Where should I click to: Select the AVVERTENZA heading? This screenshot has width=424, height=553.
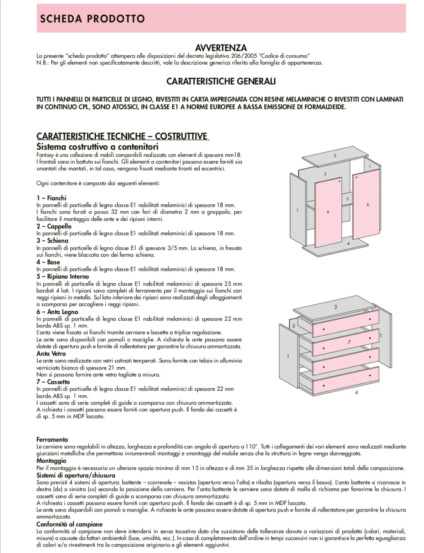tap(221, 48)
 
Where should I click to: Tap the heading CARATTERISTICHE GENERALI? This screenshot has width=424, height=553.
tap(221, 81)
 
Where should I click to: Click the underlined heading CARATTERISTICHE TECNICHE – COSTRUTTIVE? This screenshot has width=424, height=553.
tap(122, 136)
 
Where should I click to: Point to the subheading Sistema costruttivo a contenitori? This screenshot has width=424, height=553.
tap(97, 147)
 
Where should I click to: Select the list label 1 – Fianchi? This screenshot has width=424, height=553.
tap(51, 198)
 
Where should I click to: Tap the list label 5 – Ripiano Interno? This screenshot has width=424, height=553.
tap(62, 276)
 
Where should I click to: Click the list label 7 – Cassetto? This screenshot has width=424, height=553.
tap(53, 382)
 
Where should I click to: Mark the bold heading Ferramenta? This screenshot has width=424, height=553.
tap(52, 440)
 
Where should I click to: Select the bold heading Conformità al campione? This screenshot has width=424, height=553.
tap(69, 524)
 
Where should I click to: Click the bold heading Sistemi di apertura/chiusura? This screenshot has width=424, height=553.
tap(76, 475)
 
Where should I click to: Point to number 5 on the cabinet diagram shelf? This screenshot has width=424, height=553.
tap(347, 199)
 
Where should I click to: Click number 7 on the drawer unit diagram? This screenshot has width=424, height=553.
tap(349, 342)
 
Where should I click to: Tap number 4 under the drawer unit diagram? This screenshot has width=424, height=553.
tap(356, 392)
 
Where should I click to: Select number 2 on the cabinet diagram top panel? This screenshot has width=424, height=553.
tap(335, 155)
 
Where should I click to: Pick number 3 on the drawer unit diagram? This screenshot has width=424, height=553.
tap(294, 326)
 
